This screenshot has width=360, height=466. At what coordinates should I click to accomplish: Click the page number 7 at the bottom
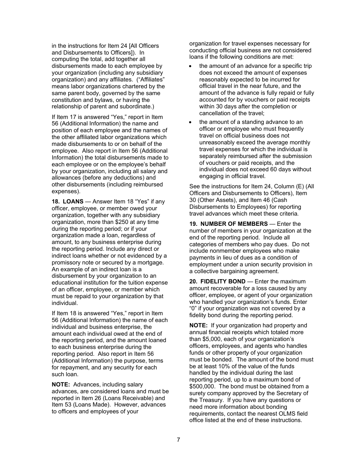pyautogui.click(x=178, y=440)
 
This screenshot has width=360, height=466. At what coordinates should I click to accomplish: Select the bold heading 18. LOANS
pyautogui.click(x=67, y=202)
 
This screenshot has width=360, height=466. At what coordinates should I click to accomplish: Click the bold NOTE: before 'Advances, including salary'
pyautogui.click(x=61, y=385)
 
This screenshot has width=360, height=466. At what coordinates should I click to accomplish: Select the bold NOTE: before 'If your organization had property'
pyautogui.click(x=198, y=325)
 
